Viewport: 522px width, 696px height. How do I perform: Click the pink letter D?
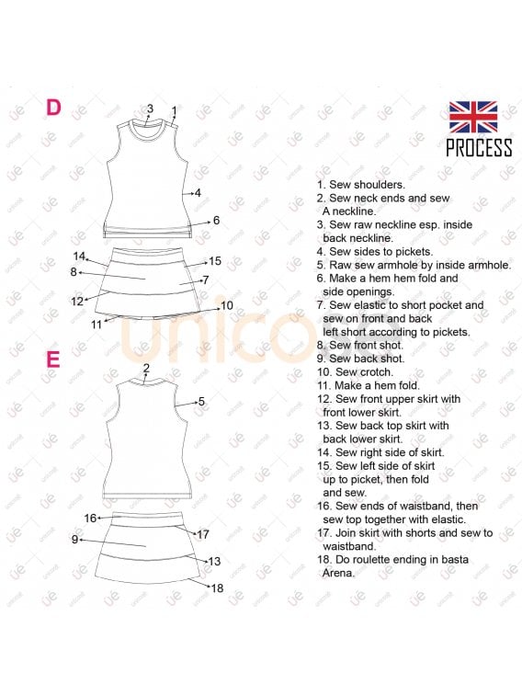(x=53, y=108)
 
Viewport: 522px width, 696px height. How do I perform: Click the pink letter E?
(x=52, y=359)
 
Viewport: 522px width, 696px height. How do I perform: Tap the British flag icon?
(x=472, y=117)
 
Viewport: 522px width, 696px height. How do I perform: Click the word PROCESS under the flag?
(x=479, y=148)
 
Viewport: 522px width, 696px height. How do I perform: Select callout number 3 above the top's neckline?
(x=150, y=108)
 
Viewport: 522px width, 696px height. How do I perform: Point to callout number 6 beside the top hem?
(x=217, y=220)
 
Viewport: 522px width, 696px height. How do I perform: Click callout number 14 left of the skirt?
(x=79, y=257)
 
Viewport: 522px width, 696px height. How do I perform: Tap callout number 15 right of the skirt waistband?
(x=215, y=261)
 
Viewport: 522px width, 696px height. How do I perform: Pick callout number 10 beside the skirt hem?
(x=227, y=305)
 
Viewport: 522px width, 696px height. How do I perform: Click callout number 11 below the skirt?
(x=96, y=325)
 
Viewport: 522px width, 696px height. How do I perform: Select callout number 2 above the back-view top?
(x=146, y=368)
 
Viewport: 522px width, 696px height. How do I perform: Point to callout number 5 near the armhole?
(x=201, y=402)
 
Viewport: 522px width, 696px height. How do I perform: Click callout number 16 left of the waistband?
(x=90, y=518)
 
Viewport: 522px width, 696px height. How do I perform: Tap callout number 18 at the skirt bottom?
(x=217, y=588)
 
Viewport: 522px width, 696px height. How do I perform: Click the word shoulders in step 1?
(x=380, y=185)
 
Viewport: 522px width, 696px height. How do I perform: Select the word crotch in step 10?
(x=378, y=372)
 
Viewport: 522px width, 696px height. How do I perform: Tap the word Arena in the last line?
(x=338, y=573)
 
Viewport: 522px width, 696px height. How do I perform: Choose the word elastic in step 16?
(x=444, y=519)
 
